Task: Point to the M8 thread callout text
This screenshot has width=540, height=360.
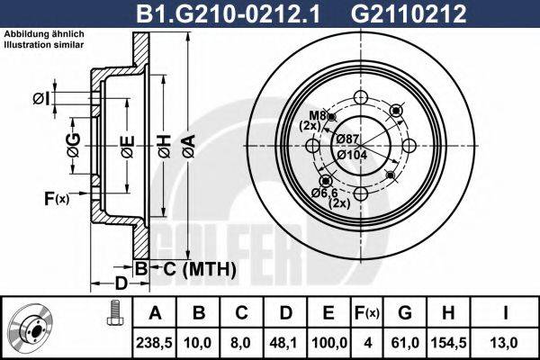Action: tap(317, 115)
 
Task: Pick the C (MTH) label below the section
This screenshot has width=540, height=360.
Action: tap(200, 268)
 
